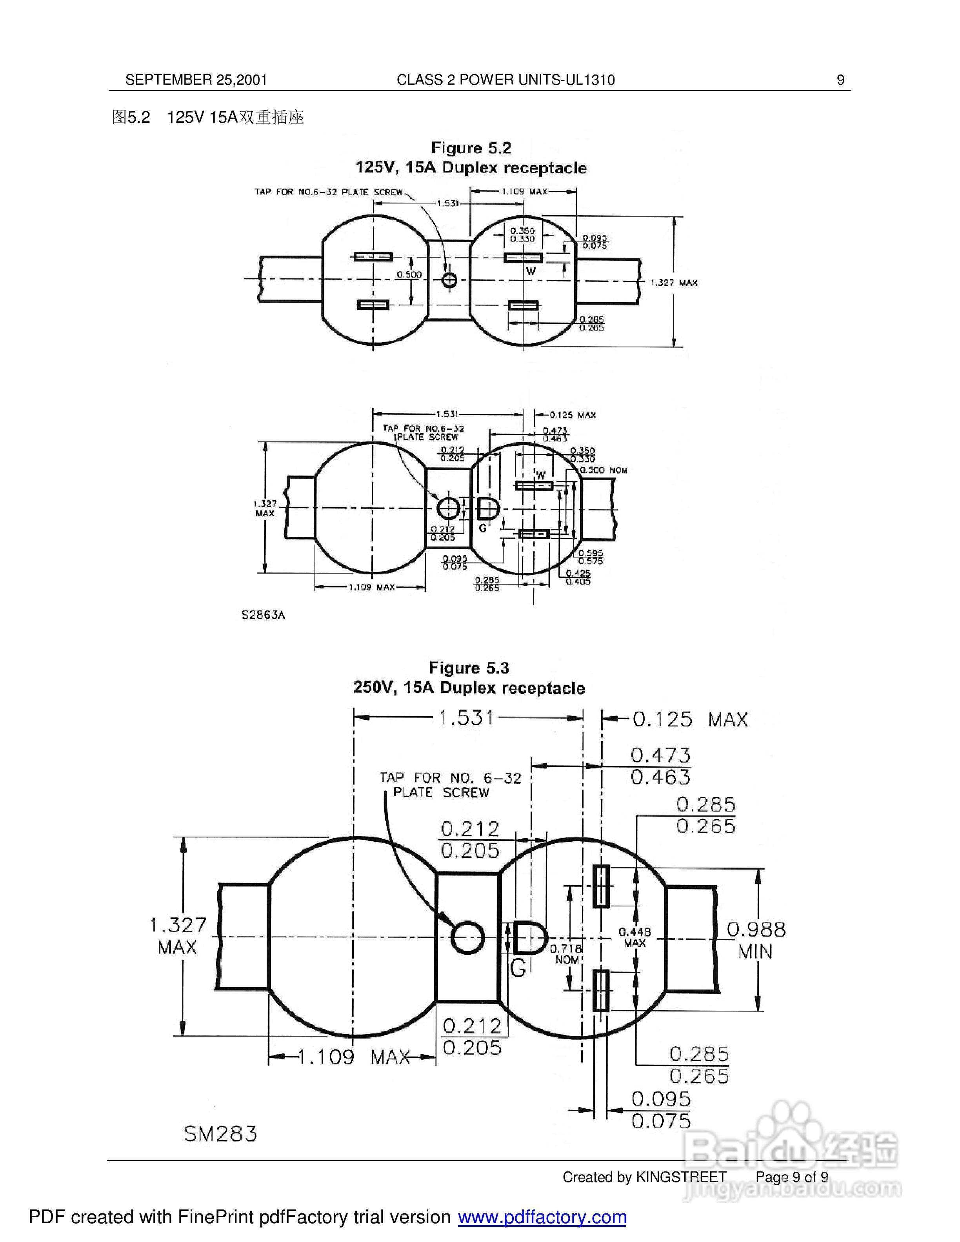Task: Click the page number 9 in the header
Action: pos(840,80)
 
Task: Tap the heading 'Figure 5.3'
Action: pos(469,668)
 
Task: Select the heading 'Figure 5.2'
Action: pos(471,148)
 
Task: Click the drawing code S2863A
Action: pos(263,615)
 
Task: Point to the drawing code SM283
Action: pos(220,1134)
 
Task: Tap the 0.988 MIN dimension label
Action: pos(756,940)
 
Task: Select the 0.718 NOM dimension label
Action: pos(566,954)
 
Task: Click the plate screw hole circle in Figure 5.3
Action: pos(467,937)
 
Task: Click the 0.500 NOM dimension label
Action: pos(604,470)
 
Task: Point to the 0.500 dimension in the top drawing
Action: pos(409,275)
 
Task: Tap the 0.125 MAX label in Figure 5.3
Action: pos(690,720)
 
